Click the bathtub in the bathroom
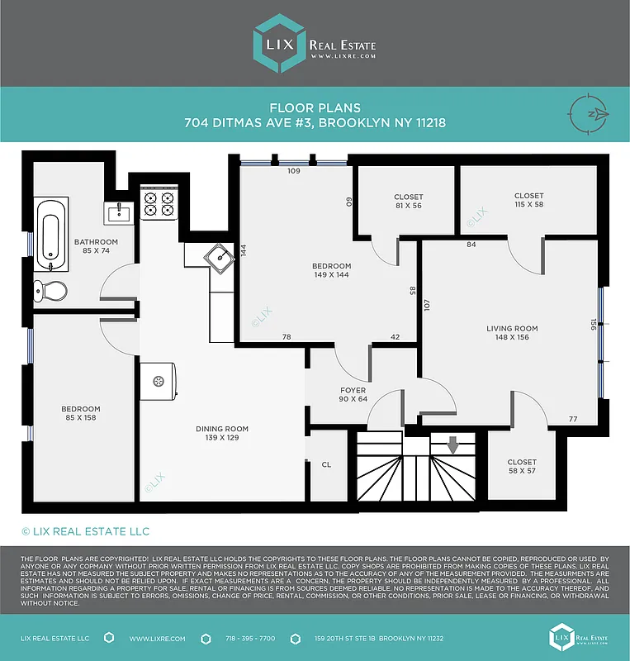[51, 232]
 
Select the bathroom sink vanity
[118, 213]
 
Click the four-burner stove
[159, 203]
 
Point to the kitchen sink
[220, 258]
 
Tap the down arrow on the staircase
[452, 445]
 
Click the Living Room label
[512, 328]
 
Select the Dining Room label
[222, 429]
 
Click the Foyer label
[353, 390]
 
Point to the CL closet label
[326, 464]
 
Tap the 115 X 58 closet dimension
[528, 205]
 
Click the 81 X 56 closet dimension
[408, 206]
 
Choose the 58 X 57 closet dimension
[522, 471]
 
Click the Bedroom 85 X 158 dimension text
[80, 418]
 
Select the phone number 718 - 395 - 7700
[250, 639]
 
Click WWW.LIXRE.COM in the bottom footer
[157, 639]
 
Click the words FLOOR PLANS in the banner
[315, 107]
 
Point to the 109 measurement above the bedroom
[293, 171]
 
